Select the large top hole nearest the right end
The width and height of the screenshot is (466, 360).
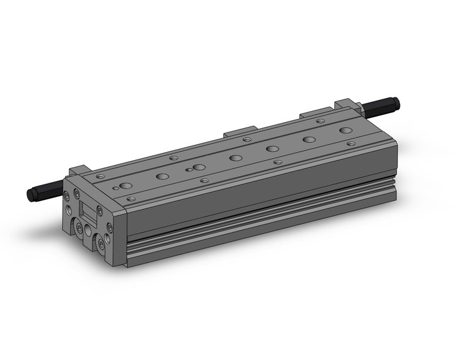pyautogui.click(x=346, y=130)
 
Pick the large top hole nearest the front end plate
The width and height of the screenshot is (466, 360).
pyautogui.click(x=125, y=185)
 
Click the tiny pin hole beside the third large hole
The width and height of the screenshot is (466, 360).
pyautogui.click(x=189, y=169)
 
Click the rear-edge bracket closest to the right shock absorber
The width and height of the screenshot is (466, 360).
pyautogui.click(x=313, y=113)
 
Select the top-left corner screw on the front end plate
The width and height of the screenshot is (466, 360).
pyautogui.click(x=66, y=197)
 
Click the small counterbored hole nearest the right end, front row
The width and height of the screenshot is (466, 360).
pyautogui.click(x=351, y=144)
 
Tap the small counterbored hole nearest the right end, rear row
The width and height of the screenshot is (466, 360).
pyautogui.click(x=320, y=121)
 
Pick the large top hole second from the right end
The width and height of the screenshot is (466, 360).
pyautogui.click(x=309, y=139)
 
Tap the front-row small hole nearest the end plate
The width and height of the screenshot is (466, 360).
pyautogui.click(x=130, y=199)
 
